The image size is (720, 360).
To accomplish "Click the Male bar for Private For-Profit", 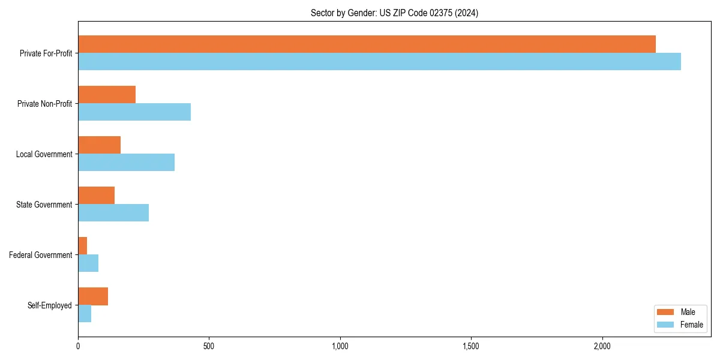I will (x=367, y=44).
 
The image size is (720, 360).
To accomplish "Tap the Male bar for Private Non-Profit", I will (x=107, y=95).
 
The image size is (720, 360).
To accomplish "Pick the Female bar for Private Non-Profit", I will (x=134, y=112).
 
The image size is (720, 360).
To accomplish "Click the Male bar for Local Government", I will (x=99, y=145).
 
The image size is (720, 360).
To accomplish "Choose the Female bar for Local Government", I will (x=126, y=162).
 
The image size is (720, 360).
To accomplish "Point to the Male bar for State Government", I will (x=96, y=196).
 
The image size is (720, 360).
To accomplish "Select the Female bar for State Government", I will (x=113, y=212).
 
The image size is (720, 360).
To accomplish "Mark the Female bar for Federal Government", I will (x=88, y=263).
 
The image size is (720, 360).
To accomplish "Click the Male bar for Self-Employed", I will (x=93, y=296).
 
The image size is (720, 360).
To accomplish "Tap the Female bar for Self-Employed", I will (x=85, y=313).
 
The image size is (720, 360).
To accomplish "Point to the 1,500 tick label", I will (x=471, y=346).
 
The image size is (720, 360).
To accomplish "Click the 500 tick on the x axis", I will (x=209, y=346).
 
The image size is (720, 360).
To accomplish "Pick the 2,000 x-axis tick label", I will (x=602, y=346).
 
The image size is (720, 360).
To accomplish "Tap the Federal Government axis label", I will (x=41, y=255).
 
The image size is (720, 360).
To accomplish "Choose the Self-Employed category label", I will (x=50, y=305).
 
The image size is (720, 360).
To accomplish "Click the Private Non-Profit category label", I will (x=44, y=104).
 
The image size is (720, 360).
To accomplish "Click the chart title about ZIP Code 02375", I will (x=394, y=13).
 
